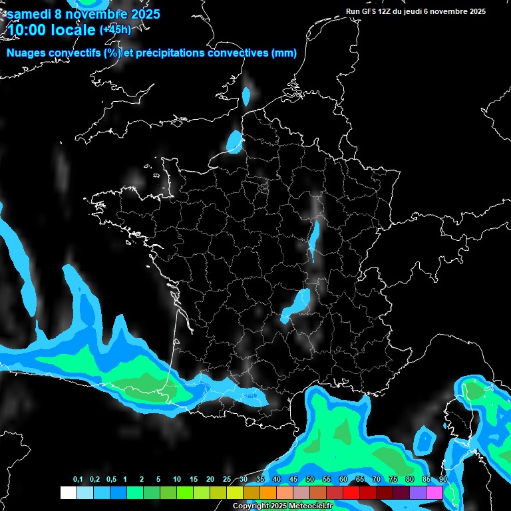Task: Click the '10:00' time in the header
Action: (27, 30)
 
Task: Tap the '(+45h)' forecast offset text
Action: (115, 29)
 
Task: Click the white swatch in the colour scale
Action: (69, 492)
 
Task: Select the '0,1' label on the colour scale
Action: (78, 480)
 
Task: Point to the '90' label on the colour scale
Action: (443, 480)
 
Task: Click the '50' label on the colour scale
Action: (310, 480)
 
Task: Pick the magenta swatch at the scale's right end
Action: (434, 492)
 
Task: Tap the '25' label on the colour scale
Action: (227, 480)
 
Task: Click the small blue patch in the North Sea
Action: (247, 97)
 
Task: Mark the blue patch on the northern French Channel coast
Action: (234, 140)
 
